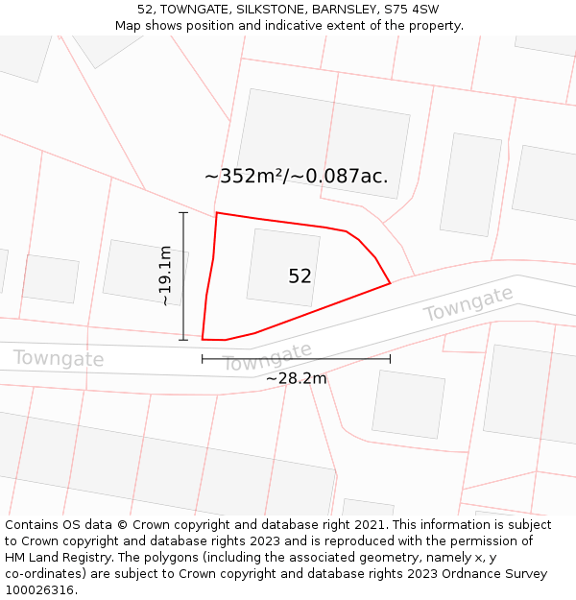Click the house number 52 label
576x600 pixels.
(300, 276)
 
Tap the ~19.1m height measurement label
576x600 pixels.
(165, 276)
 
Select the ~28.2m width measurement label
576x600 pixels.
(296, 378)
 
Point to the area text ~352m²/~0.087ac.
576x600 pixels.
(296, 176)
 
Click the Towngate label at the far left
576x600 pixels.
(58, 359)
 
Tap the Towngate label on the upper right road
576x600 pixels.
(468, 305)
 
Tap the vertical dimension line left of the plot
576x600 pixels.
(183, 276)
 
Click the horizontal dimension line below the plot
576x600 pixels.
(296, 359)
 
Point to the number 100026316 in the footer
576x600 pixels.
(39, 589)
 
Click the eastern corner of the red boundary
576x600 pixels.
(390, 283)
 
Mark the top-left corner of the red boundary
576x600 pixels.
(217, 213)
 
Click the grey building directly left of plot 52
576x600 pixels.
(145, 272)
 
